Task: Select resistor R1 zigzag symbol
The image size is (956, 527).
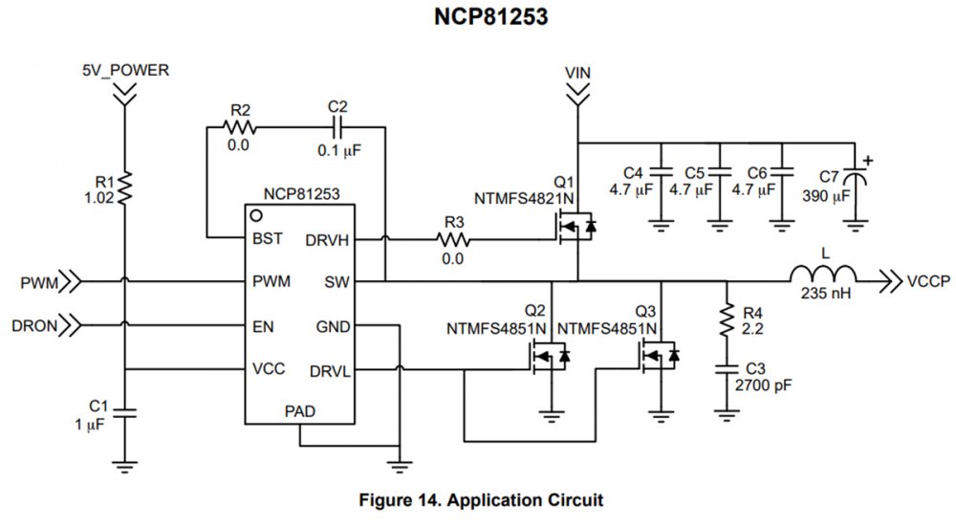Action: (124, 188)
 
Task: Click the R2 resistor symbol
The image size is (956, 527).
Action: (240, 126)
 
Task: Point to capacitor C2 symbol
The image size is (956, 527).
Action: (337, 126)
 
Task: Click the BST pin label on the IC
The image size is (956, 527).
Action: (268, 239)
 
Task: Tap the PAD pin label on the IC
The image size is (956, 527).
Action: (300, 411)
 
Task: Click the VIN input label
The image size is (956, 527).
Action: (578, 73)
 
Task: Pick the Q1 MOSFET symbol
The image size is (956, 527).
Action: (574, 227)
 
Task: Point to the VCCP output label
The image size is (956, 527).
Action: (927, 281)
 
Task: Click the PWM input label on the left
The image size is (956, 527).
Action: (38, 283)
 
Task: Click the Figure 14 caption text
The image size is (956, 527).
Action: (481, 499)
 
